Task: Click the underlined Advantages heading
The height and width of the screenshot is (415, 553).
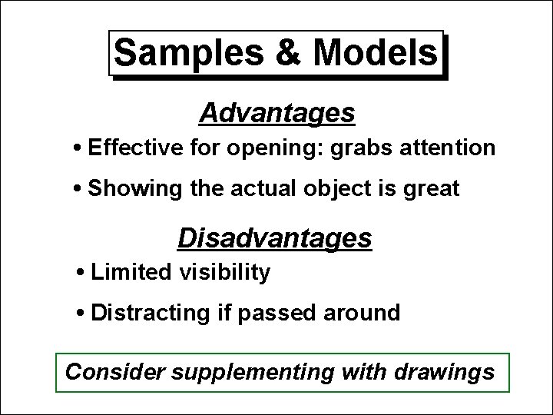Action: click(x=276, y=114)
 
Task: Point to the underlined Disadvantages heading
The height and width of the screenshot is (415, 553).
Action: click(x=275, y=238)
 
